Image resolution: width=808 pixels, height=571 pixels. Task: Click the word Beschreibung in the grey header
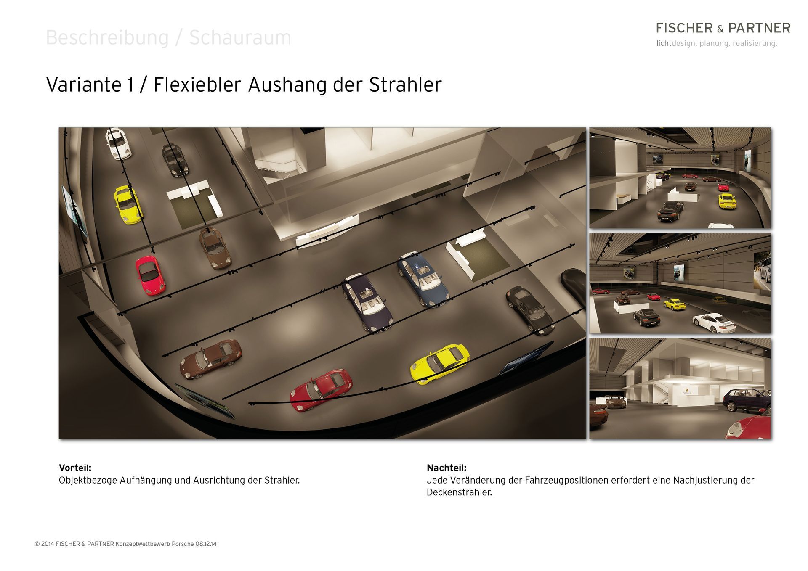(107, 38)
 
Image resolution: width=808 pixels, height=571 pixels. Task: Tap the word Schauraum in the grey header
(240, 37)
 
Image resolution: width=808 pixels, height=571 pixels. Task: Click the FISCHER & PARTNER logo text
(723, 28)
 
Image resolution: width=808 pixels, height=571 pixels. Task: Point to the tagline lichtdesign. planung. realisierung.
(717, 43)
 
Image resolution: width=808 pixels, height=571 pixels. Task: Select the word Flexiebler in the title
(197, 85)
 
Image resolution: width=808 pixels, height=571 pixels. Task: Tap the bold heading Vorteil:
(75, 468)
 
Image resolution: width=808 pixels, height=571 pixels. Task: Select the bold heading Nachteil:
(447, 468)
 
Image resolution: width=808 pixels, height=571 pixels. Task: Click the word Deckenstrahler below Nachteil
(459, 492)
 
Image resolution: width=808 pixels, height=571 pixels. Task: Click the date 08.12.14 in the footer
(206, 544)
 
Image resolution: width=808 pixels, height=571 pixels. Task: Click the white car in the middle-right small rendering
(714, 323)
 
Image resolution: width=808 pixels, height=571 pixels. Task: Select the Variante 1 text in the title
(90, 85)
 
